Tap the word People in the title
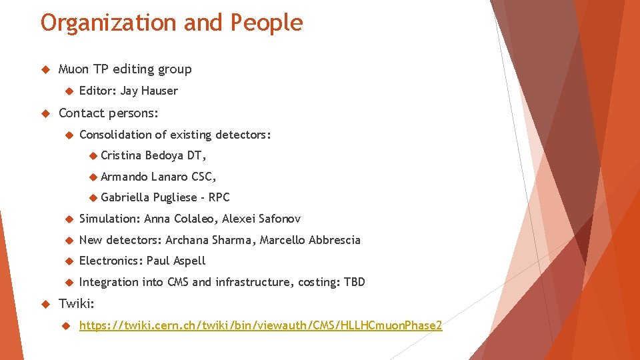click(x=267, y=23)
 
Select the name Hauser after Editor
click(x=159, y=91)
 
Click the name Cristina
click(x=121, y=155)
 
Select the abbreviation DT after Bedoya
click(x=197, y=155)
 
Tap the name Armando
click(x=125, y=177)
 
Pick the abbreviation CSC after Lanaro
click(x=203, y=177)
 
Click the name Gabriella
click(x=125, y=197)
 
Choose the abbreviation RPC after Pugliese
click(x=219, y=197)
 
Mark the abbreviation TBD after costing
click(x=354, y=282)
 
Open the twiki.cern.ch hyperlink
click(x=260, y=325)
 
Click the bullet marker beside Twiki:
click(x=46, y=304)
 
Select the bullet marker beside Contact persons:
click(x=46, y=113)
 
